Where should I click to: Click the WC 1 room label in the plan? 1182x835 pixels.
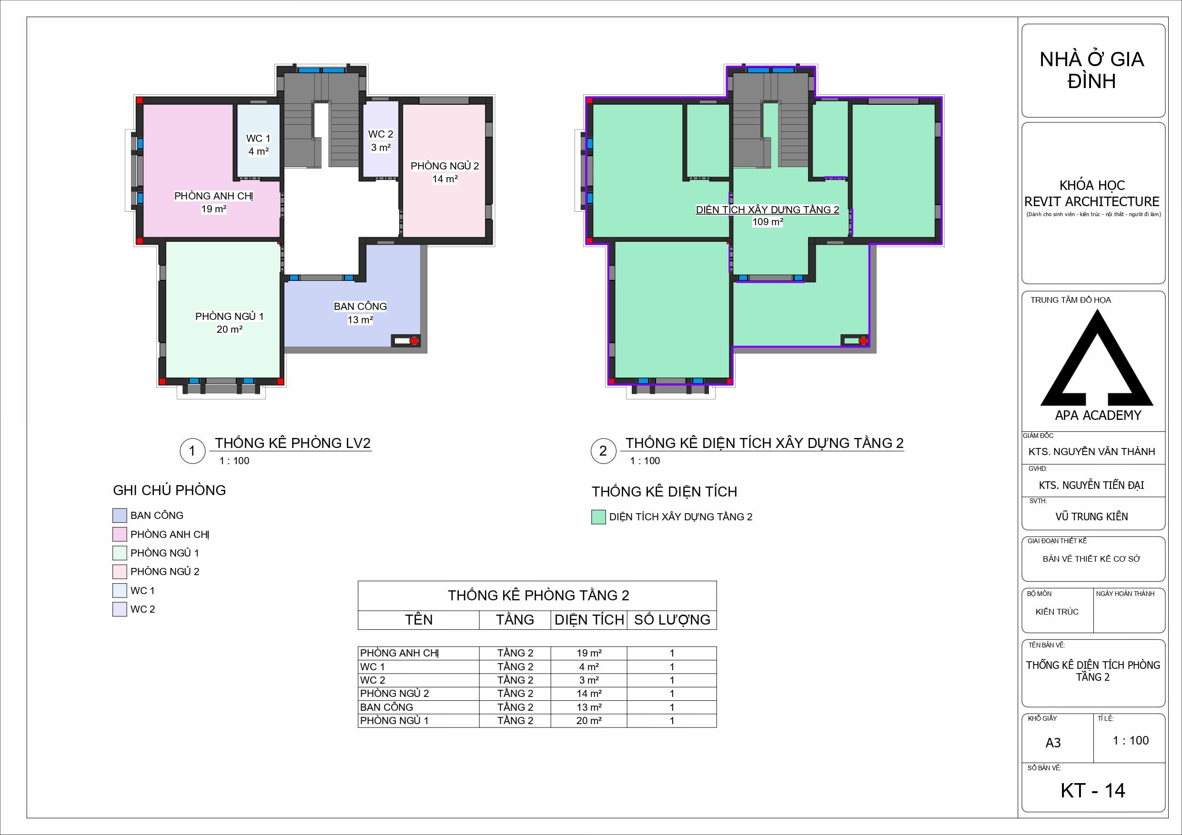tap(258, 139)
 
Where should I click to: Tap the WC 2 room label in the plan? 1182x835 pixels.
tap(381, 134)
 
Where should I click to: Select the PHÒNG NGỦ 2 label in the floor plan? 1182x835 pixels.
tap(445, 166)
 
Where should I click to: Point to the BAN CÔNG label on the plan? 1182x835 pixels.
tap(360, 306)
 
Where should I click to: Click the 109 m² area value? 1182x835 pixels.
tap(768, 222)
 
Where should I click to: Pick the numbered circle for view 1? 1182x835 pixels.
tap(192, 451)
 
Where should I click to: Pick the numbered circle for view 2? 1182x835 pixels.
tap(603, 451)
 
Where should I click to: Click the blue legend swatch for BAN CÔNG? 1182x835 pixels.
tap(120, 516)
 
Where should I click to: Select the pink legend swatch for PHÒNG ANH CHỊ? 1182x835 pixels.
tap(120, 534)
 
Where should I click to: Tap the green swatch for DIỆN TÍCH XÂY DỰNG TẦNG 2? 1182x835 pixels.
tap(598, 517)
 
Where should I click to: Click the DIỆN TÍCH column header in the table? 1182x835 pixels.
tap(589, 619)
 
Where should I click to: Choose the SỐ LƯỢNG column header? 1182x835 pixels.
tap(672, 619)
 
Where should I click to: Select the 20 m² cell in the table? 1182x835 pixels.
tap(589, 721)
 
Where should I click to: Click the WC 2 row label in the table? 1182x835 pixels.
tap(373, 680)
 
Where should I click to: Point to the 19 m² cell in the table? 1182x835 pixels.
tap(589, 653)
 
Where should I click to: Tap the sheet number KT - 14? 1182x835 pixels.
tap(1093, 791)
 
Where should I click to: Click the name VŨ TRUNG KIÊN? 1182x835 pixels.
tap(1091, 517)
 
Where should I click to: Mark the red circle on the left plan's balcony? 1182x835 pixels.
tap(414, 340)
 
